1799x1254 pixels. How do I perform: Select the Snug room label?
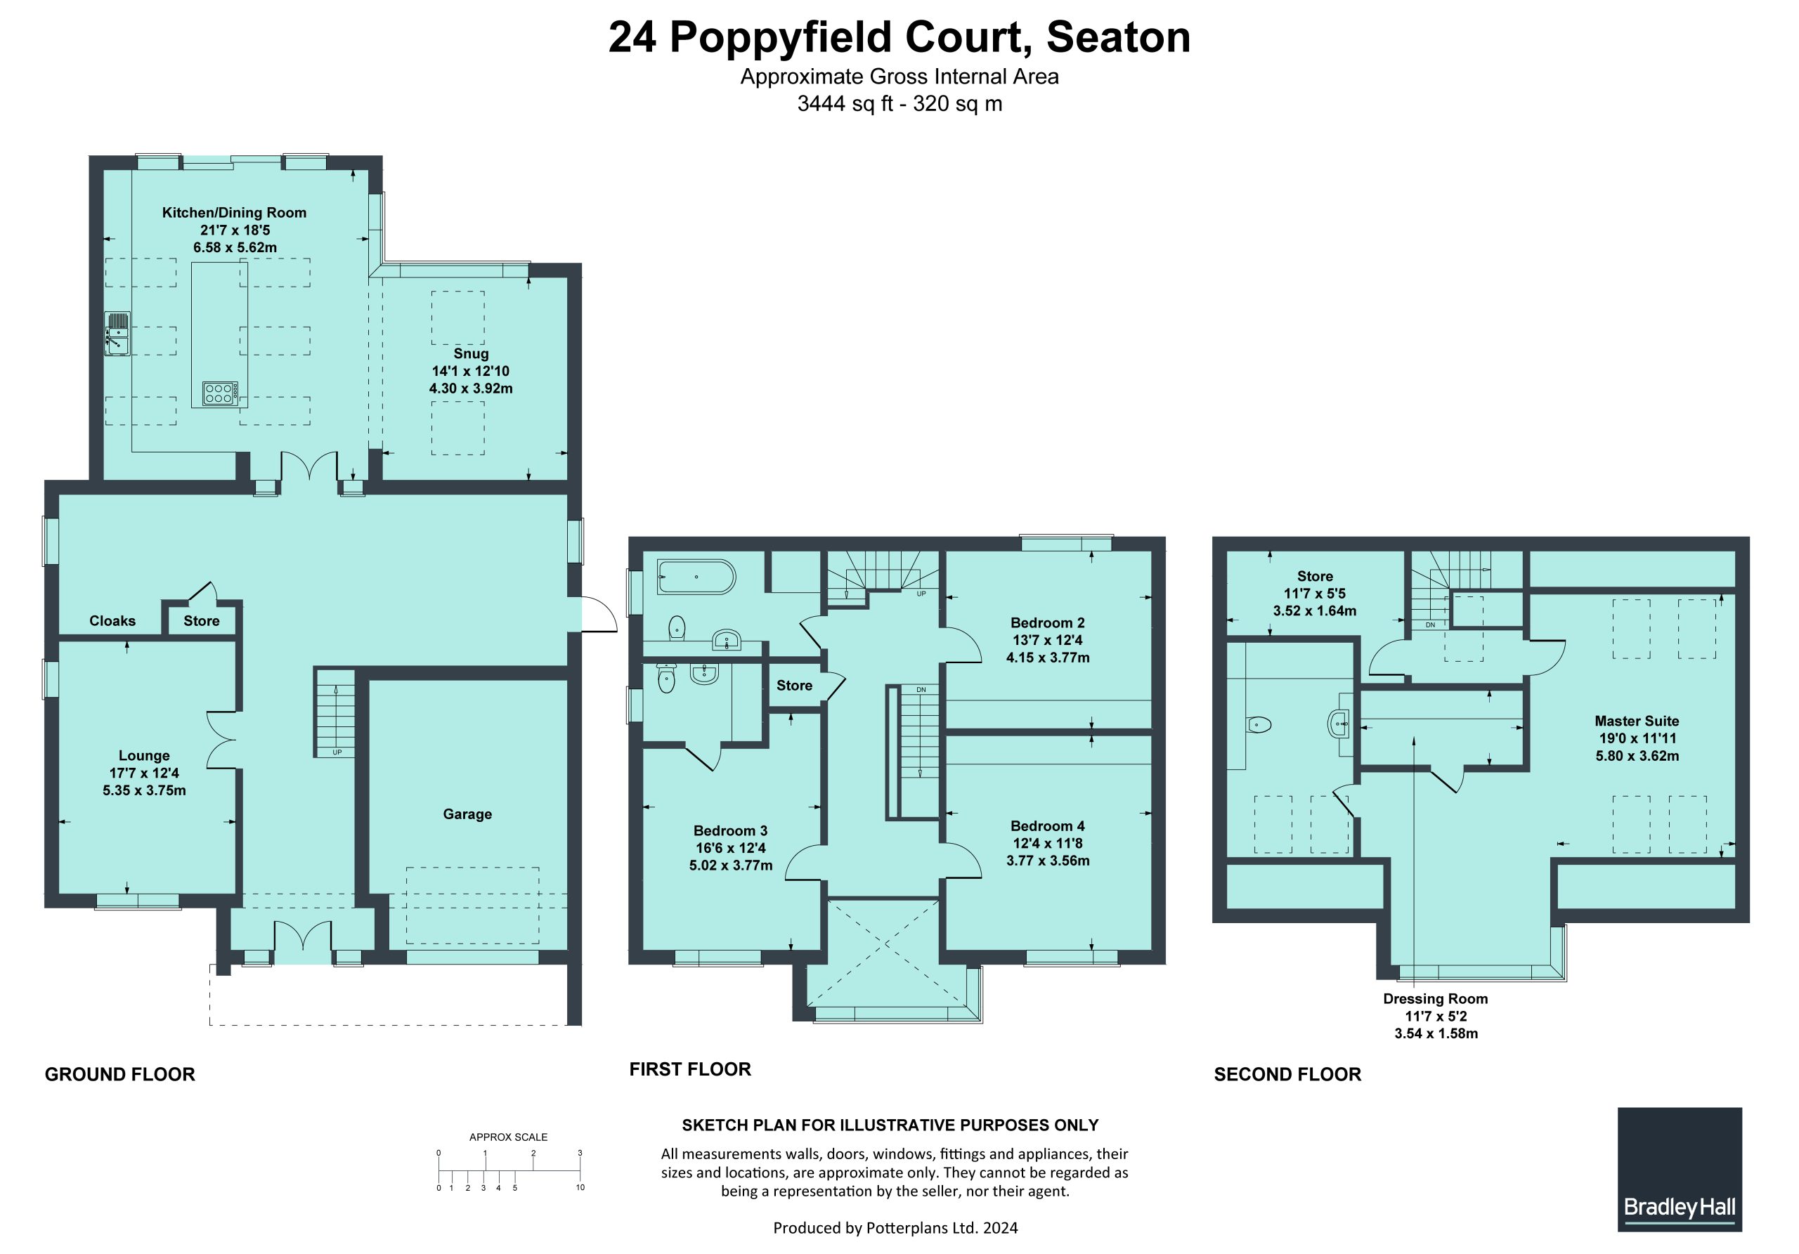[x=470, y=353]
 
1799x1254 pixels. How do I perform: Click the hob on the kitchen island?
[x=219, y=393]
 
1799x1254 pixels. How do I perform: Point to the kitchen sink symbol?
[x=117, y=333]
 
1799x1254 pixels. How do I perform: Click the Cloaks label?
[x=112, y=620]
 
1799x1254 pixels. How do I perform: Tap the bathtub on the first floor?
[x=696, y=577]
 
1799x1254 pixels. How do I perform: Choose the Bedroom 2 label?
[x=1048, y=622]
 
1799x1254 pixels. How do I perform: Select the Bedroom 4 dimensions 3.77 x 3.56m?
[x=1048, y=860]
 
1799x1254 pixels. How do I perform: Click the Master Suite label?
[x=1637, y=721]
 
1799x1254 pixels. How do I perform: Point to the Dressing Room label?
[x=1436, y=999]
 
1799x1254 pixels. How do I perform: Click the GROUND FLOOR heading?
[x=120, y=1074]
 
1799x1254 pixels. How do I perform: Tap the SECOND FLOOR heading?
[x=1287, y=1074]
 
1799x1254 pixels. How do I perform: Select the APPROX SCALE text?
[x=509, y=1137]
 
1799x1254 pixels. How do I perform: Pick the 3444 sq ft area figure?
[x=845, y=103]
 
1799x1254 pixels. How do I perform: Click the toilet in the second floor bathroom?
[x=1258, y=724]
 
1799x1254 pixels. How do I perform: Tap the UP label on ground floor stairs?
[x=337, y=752]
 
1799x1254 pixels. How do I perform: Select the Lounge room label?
[x=144, y=755]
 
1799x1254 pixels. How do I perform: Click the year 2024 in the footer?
[x=1001, y=1227]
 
